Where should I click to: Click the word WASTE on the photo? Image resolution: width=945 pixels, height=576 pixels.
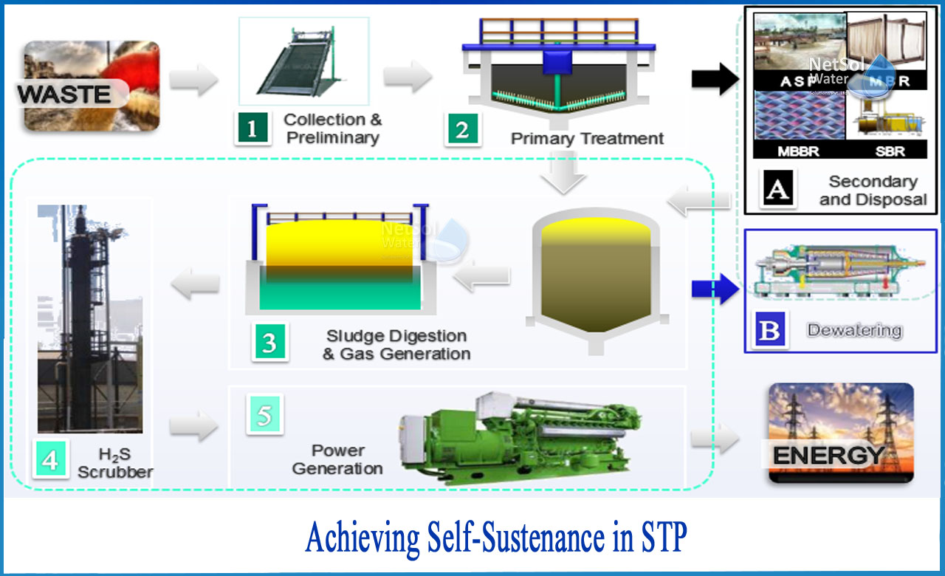tap(64, 94)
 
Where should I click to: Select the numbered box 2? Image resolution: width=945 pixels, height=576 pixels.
tap(462, 129)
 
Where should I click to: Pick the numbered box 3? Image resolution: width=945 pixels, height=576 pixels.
tap(269, 343)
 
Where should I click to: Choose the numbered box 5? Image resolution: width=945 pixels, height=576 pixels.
tap(264, 416)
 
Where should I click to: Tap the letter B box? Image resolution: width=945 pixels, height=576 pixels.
tap(769, 330)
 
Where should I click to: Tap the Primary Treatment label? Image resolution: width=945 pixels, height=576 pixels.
tap(587, 138)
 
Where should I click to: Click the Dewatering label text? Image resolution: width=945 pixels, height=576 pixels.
tap(854, 330)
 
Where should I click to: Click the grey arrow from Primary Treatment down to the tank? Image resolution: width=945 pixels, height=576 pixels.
tap(564, 175)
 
